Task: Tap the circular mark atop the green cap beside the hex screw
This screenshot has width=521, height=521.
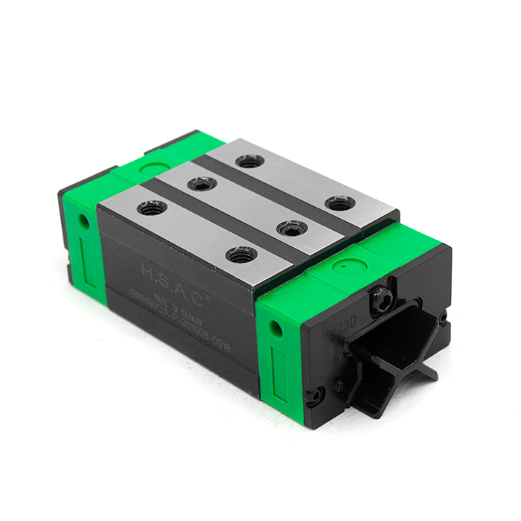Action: coord(343,263)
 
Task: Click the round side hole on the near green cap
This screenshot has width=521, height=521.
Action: coord(279,327)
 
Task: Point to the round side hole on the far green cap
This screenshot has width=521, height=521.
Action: coord(84,221)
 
